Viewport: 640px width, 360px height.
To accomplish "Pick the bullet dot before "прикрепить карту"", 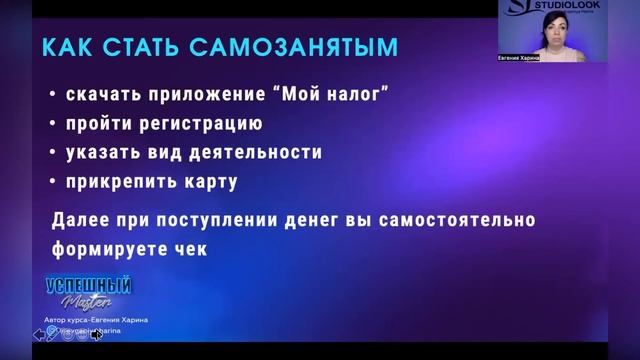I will [x=51, y=183].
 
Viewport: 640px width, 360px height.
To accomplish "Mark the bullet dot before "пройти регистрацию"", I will [x=51, y=126].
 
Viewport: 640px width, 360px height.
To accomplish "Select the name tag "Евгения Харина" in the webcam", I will [x=518, y=58].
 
